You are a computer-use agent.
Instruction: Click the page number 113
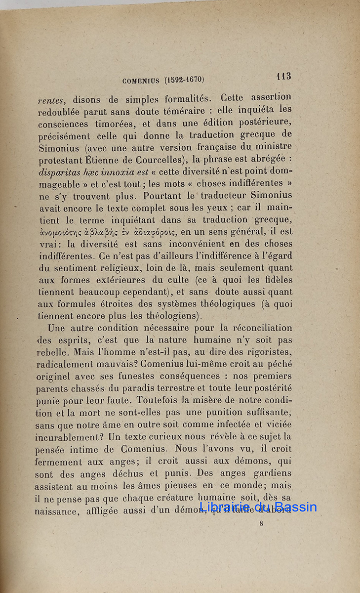(x=283, y=76)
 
